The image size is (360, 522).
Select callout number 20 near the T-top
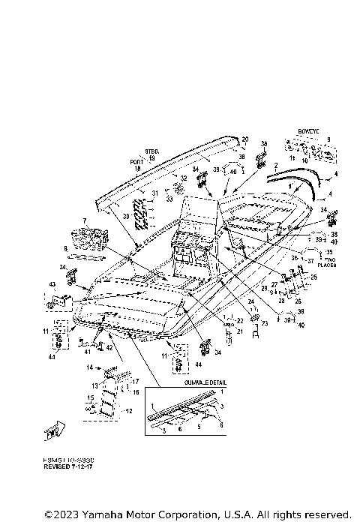tap(244, 139)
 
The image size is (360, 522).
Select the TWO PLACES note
tap(325, 262)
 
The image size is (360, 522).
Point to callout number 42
tap(109, 347)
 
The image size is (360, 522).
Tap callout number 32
tap(183, 178)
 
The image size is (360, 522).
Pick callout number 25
tap(313, 277)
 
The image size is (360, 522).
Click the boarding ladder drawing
tap(108, 397)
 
